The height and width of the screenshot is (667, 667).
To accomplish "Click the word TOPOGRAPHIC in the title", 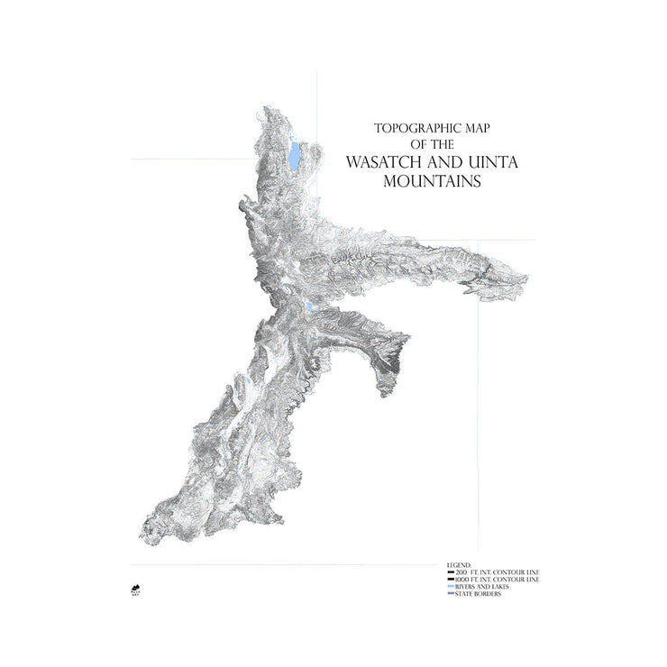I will (x=405, y=128).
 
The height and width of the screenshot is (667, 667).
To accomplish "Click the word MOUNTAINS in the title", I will (x=428, y=180).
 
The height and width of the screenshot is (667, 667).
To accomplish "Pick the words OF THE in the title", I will (x=427, y=144).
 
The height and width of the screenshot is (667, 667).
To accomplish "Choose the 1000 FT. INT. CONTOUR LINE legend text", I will (x=498, y=580).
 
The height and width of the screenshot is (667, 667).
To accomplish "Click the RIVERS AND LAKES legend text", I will (x=482, y=587).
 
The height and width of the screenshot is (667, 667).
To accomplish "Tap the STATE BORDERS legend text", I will (x=480, y=594).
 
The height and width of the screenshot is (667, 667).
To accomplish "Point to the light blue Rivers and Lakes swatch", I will (x=451, y=587).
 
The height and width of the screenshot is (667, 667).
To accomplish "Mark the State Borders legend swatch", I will (x=451, y=594).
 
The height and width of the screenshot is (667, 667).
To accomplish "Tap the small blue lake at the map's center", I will (x=311, y=307).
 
